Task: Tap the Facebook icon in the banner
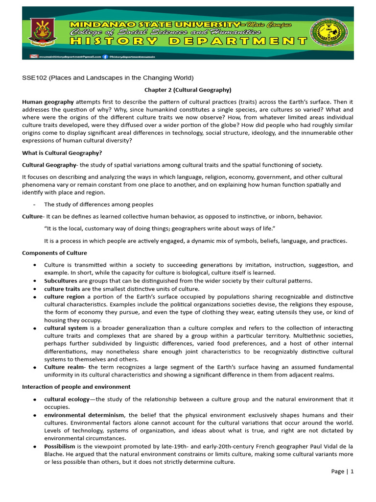[105, 56]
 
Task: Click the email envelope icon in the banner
[34, 56]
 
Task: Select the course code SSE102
[33, 78]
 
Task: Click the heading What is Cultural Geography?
[62, 153]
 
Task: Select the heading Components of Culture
[54, 253]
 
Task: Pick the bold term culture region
[64, 297]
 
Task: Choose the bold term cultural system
[66, 328]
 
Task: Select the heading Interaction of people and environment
[76, 387]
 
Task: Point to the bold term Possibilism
[59, 446]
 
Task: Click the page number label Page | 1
[342, 471]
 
